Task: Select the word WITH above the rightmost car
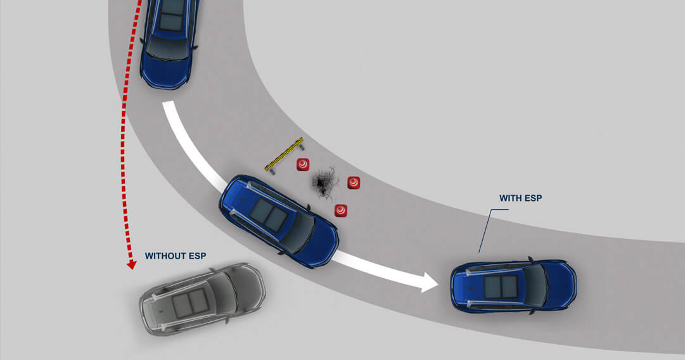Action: [x=511, y=198]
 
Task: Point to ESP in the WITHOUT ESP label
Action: [x=198, y=256]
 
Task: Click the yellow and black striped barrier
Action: [x=284, y=153]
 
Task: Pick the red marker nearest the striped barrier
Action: [x=303, y=164]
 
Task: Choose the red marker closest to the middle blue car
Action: [x=341, y=210]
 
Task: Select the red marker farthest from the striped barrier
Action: [x=354, y=183]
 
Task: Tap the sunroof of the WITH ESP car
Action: [x=501, y=286]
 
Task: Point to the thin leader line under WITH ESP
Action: [x=485, y=230]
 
